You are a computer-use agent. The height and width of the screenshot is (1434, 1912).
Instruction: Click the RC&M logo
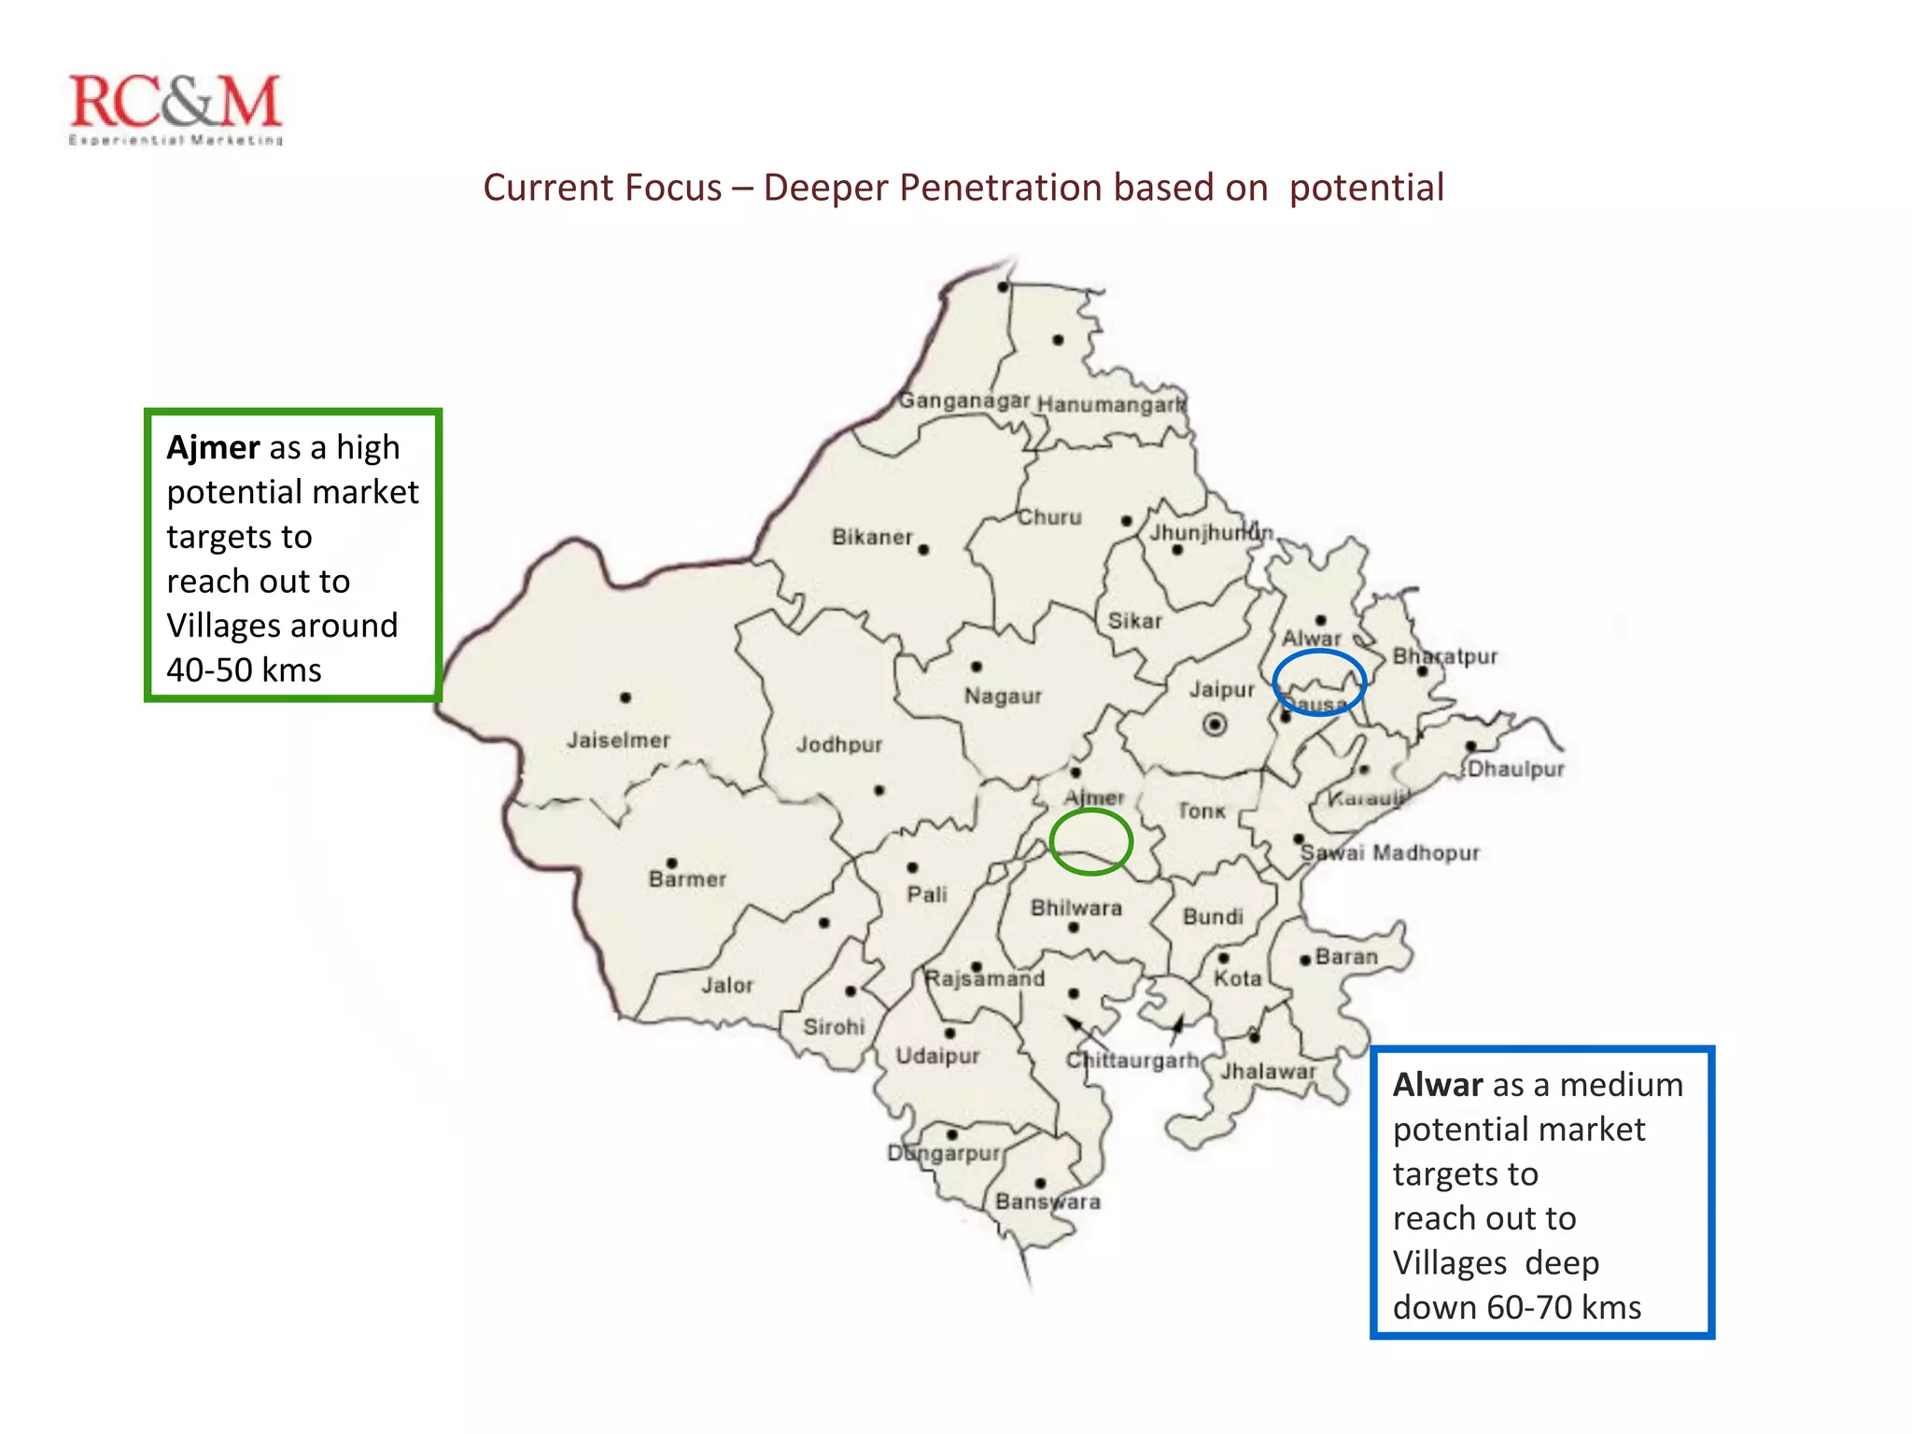176,108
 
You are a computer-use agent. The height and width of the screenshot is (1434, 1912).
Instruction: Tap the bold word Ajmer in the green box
213,448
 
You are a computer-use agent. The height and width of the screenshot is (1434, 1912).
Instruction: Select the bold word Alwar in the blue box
1438,1085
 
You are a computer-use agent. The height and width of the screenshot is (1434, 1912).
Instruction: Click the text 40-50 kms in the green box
244,670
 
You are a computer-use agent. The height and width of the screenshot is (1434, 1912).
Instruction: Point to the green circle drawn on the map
1090,842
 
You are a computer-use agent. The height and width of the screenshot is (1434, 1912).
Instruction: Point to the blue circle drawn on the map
1319,682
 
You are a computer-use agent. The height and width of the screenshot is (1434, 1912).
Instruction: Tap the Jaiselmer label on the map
618,740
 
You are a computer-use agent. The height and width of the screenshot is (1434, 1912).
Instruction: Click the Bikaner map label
872,537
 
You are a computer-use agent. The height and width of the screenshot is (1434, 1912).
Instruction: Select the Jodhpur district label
838,745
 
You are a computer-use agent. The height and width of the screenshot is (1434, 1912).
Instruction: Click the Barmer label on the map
687,879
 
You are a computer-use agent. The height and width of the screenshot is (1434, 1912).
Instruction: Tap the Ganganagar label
963,401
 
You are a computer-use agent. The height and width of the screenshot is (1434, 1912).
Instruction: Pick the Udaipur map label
937,1056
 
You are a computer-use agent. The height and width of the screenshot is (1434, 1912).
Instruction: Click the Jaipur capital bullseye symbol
1215,724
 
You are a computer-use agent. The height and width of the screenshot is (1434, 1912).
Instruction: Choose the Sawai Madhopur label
1389,852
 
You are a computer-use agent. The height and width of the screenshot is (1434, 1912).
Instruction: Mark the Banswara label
1047,1202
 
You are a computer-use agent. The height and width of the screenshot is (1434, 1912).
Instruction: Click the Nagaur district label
1003,696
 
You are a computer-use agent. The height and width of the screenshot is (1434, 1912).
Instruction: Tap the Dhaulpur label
1515,769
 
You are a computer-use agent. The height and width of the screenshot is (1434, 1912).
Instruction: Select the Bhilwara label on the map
1075,907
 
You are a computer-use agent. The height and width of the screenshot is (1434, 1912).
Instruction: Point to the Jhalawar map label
1268,1072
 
